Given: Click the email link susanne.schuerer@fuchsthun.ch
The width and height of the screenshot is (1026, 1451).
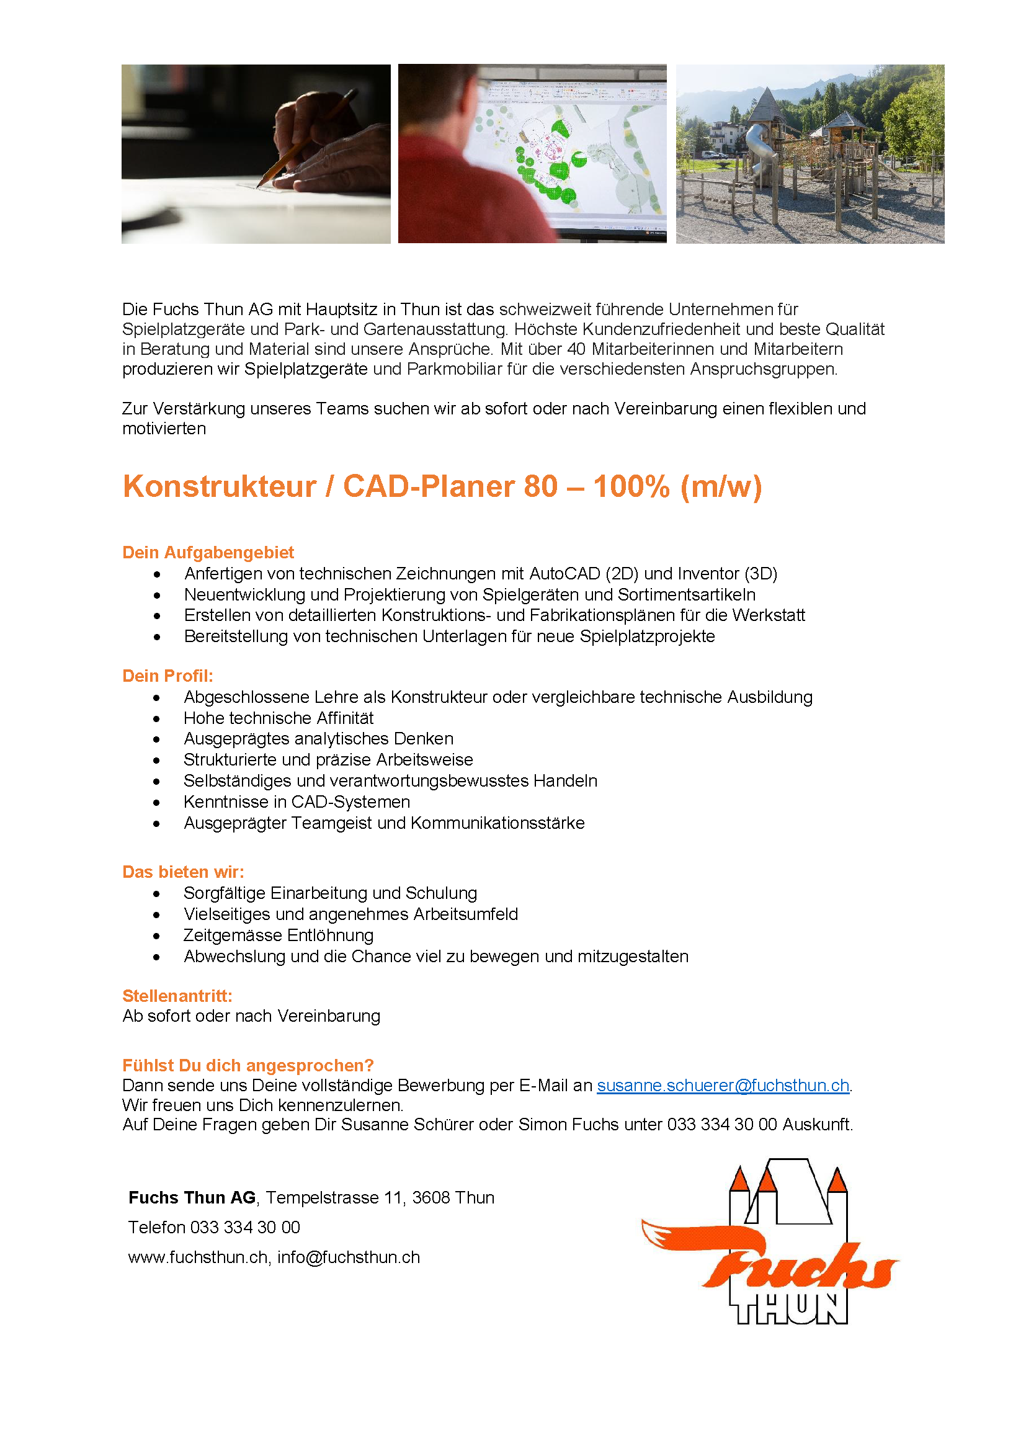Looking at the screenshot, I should pos(723,1085).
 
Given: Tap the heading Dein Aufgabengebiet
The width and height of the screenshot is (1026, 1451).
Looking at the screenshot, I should pos(208,552).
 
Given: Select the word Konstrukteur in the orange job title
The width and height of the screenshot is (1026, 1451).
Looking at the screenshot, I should pos(219,486).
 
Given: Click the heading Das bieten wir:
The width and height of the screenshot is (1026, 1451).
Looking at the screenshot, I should pos(183,872).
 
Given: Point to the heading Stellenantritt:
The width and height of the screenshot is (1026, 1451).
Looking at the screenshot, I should pos(177,996).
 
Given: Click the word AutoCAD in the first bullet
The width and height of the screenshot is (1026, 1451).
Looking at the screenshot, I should pos(564,574).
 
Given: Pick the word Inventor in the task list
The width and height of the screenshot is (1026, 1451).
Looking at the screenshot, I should pos(708,574).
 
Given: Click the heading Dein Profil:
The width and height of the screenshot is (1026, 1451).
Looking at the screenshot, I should pos(167,676).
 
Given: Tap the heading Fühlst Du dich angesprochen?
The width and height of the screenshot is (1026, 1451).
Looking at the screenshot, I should pos(248,1066).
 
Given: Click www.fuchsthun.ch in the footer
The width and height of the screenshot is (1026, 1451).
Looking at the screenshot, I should pos(198,1257).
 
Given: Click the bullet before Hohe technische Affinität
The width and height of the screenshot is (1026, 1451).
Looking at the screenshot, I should pos(157,719).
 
